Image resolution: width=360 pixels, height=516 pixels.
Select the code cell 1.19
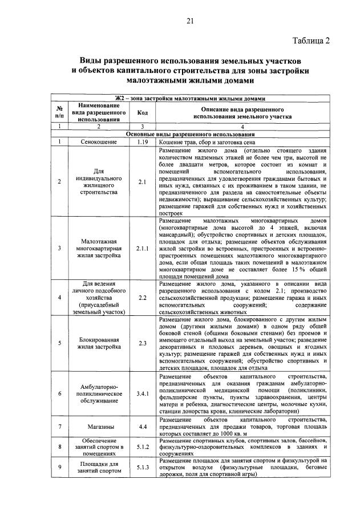[143, 141]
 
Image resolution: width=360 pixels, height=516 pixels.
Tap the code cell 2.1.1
[143, 248]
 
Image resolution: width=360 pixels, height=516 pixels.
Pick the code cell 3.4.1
[143, 393]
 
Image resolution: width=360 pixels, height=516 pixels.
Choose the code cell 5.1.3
[143, 468]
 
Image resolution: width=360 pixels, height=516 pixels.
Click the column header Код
[143, 112]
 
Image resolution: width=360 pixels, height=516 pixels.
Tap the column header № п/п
[59, 112]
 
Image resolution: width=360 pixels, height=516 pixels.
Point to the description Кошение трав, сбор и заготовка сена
[209, 141]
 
